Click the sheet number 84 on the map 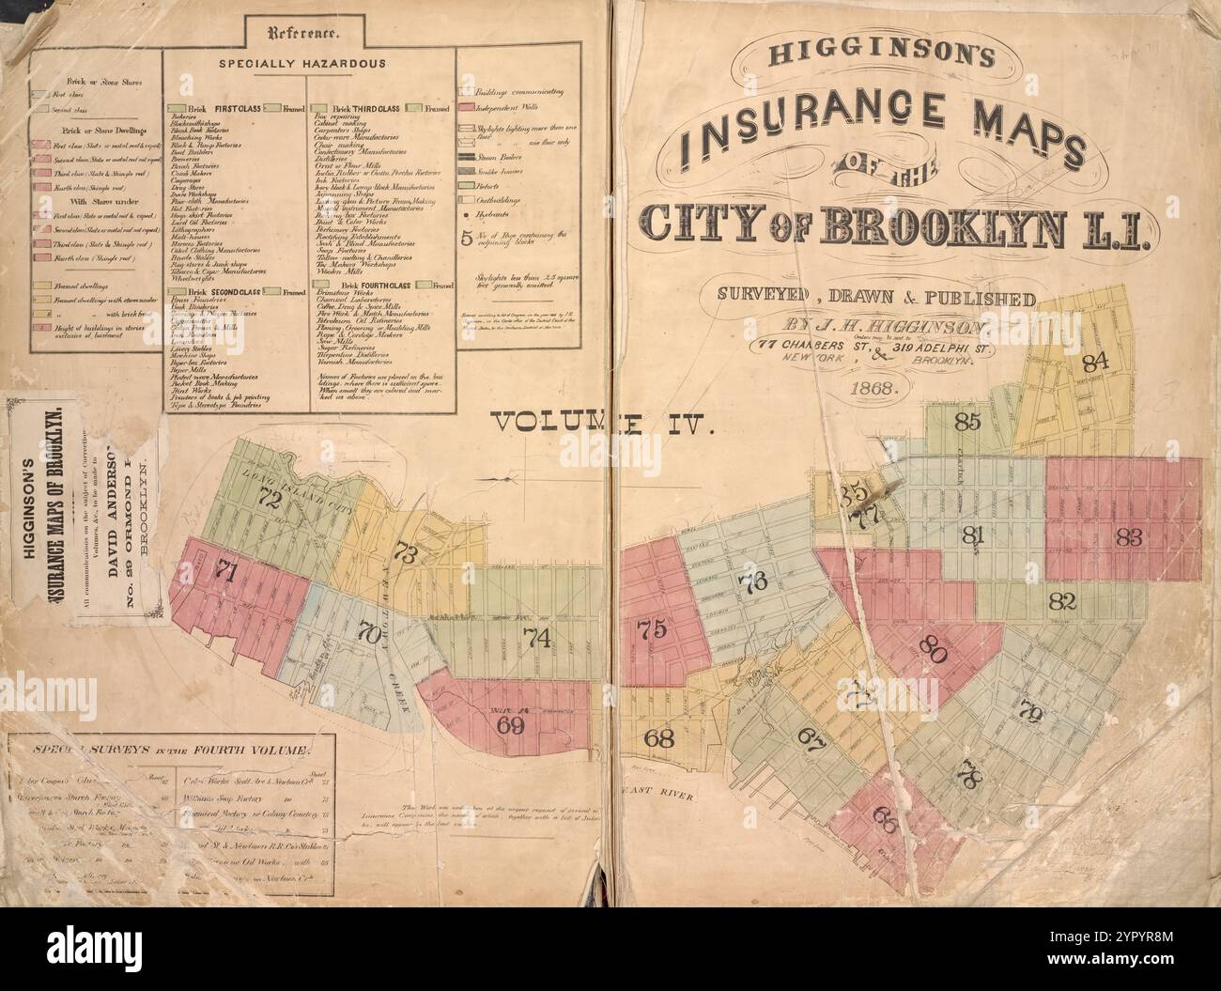1095,362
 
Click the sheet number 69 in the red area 510,724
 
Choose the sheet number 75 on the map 650,628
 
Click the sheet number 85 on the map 967,422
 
